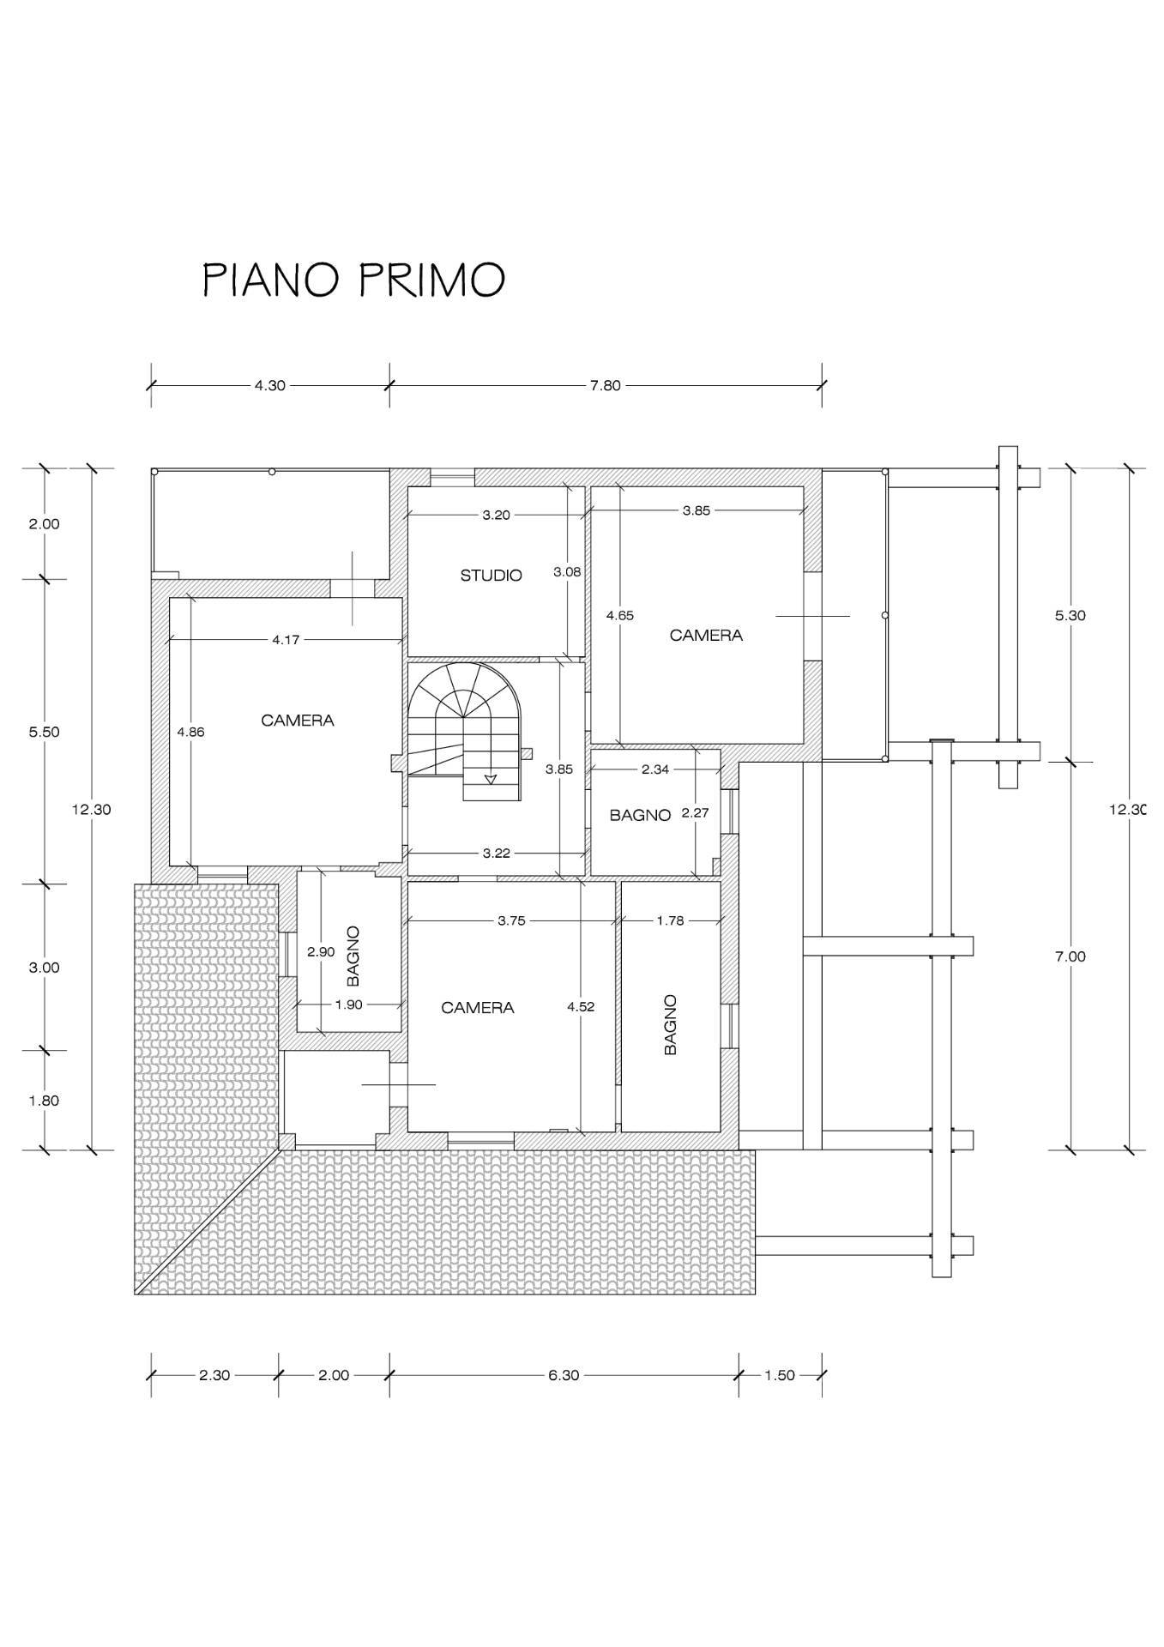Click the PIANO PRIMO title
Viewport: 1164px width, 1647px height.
click(x=353, y=280)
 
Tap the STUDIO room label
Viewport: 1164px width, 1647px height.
click(x=492, y=575)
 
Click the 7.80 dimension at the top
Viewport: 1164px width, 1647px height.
click(x=605, y=386)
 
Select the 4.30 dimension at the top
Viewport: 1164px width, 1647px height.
click(x=270, y=386)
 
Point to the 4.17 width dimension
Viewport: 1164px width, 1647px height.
click(x=286, y=639)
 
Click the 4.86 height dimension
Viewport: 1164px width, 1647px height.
click(x=190, y=732)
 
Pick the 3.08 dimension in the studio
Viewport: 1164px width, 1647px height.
click(x=567, y=571)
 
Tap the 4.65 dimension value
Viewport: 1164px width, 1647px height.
click(x=619, y=615)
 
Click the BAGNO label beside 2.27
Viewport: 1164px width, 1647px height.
click(x=640, y=815)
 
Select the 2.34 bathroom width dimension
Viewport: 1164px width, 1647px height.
click(x=655, y=769)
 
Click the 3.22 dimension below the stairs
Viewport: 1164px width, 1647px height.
click(x=497, y=853)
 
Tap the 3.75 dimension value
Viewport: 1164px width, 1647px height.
click(x=511, y=920)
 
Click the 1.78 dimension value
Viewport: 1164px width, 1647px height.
click(x=670, y=920)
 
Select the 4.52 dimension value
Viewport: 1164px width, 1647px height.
click(x=581, y=1007)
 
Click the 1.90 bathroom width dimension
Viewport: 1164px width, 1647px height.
click(x=348, y=1004)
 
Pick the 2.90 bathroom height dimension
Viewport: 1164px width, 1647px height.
click(x=321, y=951)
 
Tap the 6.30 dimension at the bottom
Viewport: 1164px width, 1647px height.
click(x=564, y=1375)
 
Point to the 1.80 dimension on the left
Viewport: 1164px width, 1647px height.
click(x=44, y=1101)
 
